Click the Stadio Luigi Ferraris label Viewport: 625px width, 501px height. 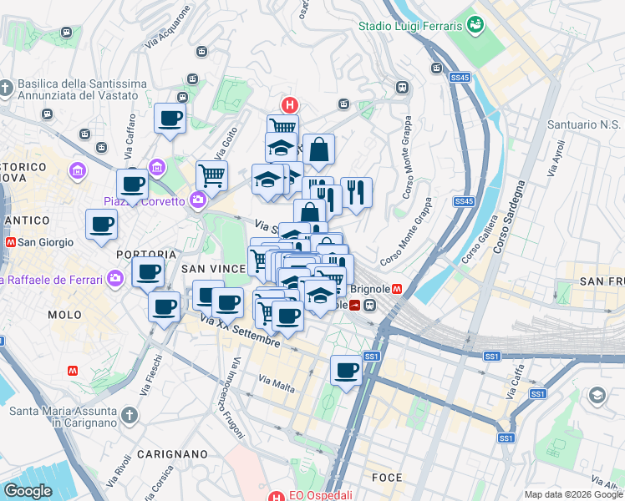(x=410, y=26)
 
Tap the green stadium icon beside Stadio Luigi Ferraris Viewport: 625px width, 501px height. (x=475, y=25)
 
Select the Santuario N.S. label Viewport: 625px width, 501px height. (x=582, y=125)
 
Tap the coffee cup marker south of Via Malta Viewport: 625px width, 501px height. (x=346, y=371)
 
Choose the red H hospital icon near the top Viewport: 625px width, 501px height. (x=289, y=105)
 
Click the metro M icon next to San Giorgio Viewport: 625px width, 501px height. (x=11, y=243)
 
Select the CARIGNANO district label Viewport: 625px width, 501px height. (x=171, y=454)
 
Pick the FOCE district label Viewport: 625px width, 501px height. (x=386, y=478)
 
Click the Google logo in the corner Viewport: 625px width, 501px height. (x=28, y=491)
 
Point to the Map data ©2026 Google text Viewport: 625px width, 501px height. (x=572, y=494)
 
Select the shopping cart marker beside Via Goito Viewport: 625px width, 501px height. (x=211, y=175)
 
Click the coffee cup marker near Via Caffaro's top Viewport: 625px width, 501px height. (x=170, y=119)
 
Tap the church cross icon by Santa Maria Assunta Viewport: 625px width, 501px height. (x=129, y=415)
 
